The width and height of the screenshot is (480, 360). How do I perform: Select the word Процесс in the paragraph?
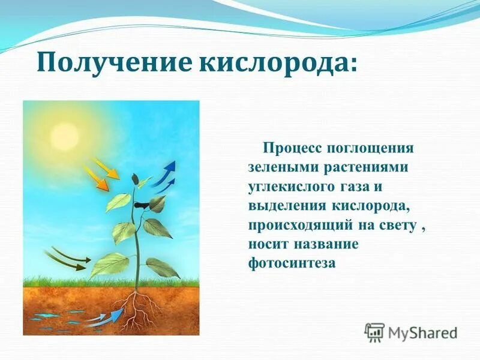[x=291, y=148]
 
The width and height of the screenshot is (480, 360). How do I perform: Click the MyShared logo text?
[x=422, y=332]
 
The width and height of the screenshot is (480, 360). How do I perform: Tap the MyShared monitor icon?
[x=374, y=332]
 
